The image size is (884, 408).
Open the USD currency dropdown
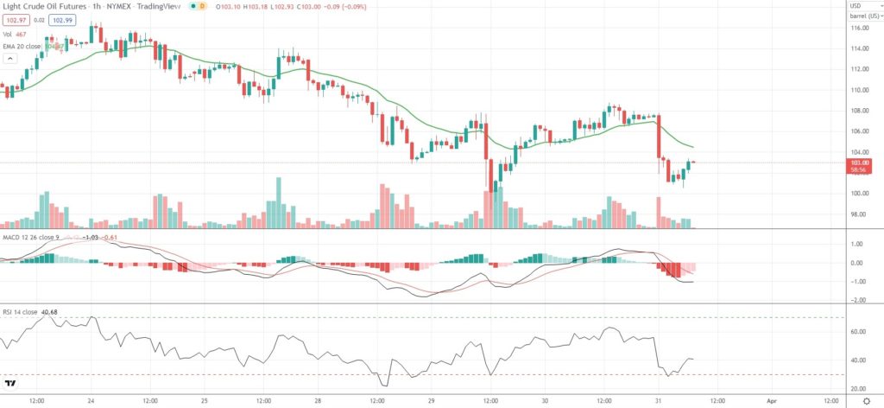pyautogui.click(x=856, y=5)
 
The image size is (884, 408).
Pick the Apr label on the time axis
pyautogui.click(x=773, y=401)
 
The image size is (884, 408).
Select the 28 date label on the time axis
pyautogui.click(x=318, y=401)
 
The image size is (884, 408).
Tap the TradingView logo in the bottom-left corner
pyautogui.click(x=11, y=383)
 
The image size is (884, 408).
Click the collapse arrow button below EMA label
pyautogui.click(x=10, y=58)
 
